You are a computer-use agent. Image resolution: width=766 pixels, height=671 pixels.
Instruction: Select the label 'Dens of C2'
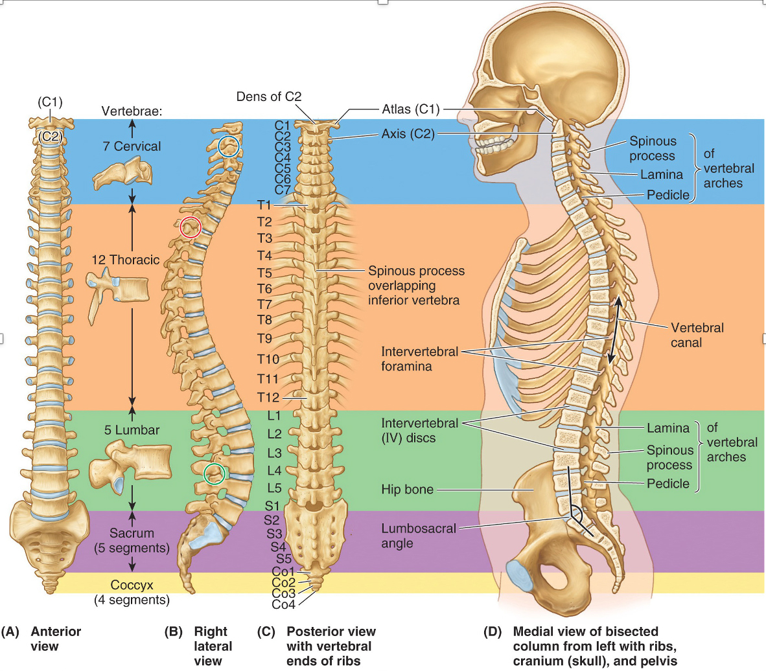click(269, 97)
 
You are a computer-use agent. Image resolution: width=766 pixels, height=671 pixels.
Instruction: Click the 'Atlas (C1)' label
click(411, 109)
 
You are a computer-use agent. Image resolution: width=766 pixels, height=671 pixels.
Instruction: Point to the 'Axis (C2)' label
click(408, 134)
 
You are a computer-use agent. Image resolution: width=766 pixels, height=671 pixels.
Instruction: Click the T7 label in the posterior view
click(265, 304)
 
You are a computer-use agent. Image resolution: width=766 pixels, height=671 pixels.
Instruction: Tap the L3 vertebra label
click(275, 453)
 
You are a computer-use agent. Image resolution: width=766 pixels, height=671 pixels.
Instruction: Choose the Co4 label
click(283, 604)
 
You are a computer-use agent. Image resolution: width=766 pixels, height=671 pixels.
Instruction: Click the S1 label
click(272, 506)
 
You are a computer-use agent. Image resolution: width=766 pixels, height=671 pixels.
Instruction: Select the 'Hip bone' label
click(408, 490)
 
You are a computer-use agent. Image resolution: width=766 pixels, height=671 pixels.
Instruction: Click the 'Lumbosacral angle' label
click(419, 536)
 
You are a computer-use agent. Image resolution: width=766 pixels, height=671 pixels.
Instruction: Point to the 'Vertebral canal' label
click(697, 335)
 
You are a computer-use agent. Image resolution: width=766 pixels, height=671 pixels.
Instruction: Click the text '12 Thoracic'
click(126, 260)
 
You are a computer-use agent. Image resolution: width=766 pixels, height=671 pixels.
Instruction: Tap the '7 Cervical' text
click(132, 146)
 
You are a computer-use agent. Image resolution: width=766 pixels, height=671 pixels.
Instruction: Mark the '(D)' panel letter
click(493, 631)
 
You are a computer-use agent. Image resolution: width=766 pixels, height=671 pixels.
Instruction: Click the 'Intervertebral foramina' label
click(420, 359)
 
